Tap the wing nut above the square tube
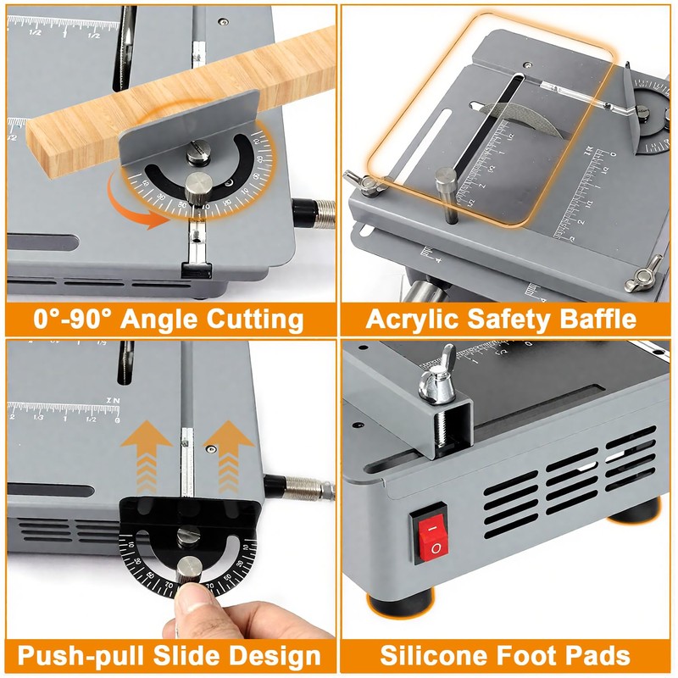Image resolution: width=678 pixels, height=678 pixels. point(441,373)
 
